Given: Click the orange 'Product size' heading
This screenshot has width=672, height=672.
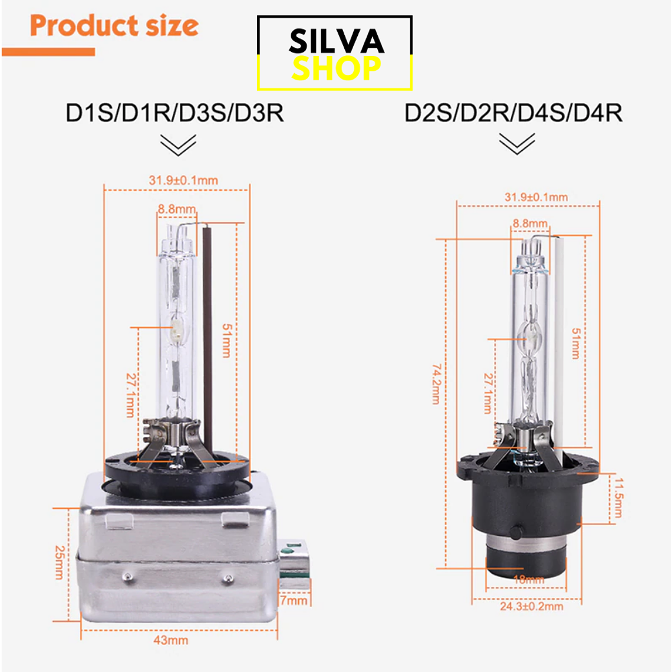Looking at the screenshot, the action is click(114, 26).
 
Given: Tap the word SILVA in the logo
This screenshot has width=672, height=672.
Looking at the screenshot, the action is click(337, 41).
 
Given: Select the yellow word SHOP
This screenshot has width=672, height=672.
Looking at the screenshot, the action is click(336, 68).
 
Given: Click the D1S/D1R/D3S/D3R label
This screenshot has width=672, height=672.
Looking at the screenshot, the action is click(174, 113).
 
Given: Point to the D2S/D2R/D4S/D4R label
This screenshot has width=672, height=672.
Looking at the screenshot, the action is click(513, 113).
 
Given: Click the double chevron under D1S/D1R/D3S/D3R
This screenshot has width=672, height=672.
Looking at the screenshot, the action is click(178, 145).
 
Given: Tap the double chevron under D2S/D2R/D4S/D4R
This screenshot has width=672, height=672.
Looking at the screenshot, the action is click(517, 144).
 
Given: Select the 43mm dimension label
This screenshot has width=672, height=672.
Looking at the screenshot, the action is click(171, 640).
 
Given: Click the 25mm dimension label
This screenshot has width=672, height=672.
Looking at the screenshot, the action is click(60, 563).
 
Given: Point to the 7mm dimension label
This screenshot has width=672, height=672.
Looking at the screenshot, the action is click(294, 601).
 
